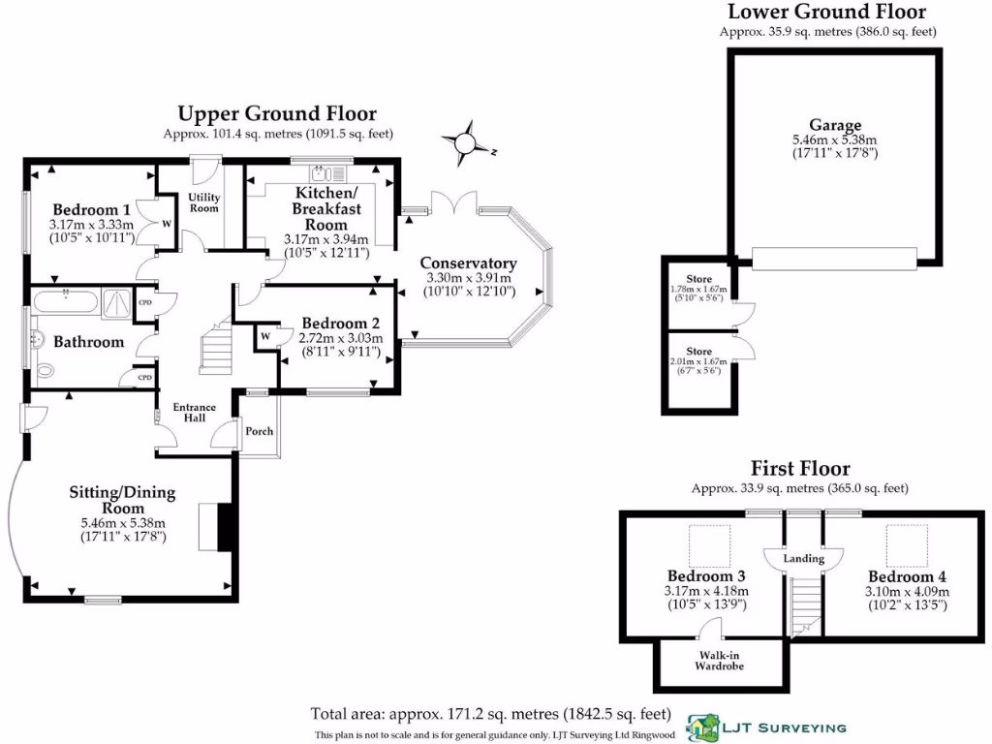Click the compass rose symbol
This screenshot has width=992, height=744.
[x=465, y=143]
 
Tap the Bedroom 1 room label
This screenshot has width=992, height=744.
[x=91, y=210]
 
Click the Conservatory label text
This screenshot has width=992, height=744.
[x=468, y=263]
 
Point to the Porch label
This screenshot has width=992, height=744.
[x=258, y=431]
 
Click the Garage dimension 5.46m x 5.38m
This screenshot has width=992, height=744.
[x=835, y=139]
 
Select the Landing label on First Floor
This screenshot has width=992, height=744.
[x=803, y=559]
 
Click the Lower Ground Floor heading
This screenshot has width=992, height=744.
[x=826, y=13]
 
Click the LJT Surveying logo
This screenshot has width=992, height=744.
[x=765, y=727]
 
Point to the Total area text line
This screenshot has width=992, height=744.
[x=490, y=714]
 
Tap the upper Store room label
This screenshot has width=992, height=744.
[x=699, y=279]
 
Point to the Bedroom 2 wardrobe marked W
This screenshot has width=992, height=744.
[x=264, y=336]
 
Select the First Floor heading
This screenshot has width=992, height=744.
[x=799, y=470]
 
